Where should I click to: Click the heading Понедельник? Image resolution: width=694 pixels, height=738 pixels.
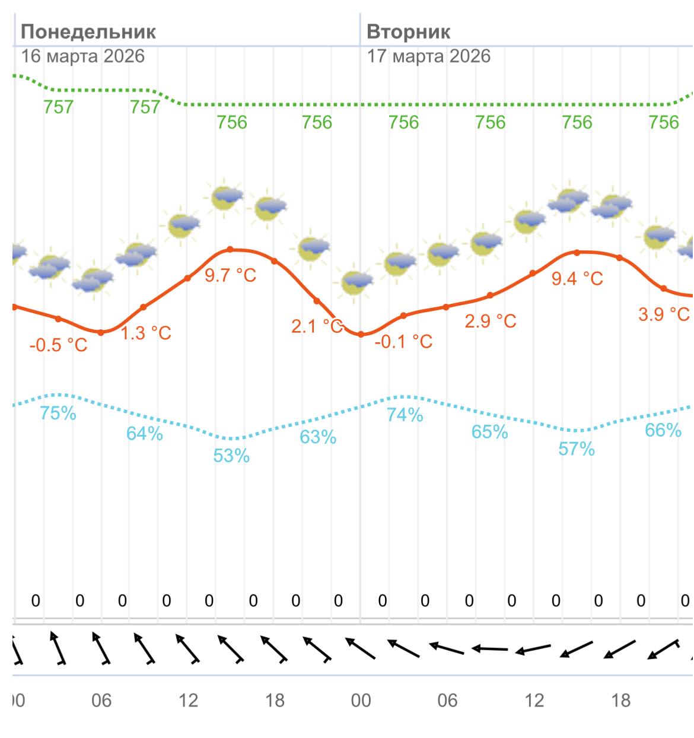tap(88, 31)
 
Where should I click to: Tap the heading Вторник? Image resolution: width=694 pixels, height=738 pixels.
tap(409, 31)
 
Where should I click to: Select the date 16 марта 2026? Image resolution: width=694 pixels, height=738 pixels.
tap(83, 56)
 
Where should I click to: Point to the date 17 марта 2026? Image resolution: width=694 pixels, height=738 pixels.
tap(429, 56)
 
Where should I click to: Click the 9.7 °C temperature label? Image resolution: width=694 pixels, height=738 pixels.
tap(231, 275)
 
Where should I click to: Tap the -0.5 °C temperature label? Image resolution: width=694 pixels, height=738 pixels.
tap(58, 345)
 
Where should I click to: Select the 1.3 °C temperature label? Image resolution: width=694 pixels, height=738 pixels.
tap(146, 333)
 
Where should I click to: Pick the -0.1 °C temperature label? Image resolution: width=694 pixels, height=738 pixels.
tap(403, 341)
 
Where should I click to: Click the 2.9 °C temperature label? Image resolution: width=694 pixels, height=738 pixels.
tap(491, 321)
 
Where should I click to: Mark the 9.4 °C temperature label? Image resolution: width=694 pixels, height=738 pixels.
tap(577, 278)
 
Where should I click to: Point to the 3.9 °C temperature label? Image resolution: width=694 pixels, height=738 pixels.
tap(664, 314)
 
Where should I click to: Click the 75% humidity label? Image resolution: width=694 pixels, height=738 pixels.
tap(58, 413)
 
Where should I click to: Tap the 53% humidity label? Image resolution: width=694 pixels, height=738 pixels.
tap(231, 456)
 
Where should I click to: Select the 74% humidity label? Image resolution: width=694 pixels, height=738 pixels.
tap(405, 415)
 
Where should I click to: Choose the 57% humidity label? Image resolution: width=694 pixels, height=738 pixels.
tap(577, 449)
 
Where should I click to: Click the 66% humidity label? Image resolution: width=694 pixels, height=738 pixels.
tap(663, 430)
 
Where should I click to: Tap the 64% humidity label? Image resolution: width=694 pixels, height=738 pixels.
tap(145, 434)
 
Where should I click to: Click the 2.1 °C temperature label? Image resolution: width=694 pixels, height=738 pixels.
tap(317, 326)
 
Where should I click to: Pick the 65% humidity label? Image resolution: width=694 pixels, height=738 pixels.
tap(490, 432)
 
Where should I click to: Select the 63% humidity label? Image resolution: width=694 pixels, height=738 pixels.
tap(318, 437)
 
